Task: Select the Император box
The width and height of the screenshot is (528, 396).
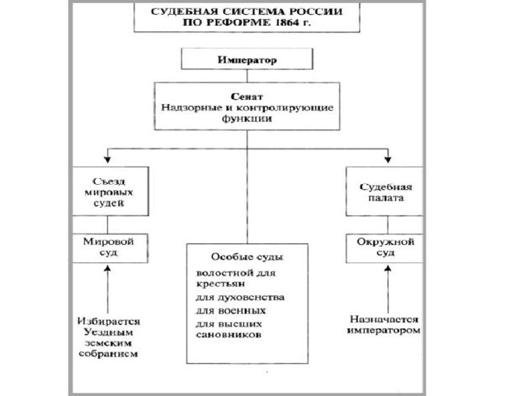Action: (247, 59)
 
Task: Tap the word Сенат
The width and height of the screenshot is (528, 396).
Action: (247, 97)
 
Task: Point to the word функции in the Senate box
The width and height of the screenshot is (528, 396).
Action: (247, 119)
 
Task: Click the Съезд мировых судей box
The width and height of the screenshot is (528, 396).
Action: (111, 191)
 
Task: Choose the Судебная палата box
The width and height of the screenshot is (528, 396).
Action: (384, 191)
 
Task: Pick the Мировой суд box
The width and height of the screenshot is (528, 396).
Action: (111, 248)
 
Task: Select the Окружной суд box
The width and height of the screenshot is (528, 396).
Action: (384, 248)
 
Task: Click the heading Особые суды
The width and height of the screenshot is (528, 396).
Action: (247, 257)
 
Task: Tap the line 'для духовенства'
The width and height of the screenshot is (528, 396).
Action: (240, 298)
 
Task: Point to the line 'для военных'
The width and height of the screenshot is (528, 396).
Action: (231, 310)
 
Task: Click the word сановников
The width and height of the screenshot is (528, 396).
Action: (229, 335)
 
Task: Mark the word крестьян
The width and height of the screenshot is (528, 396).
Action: (220, 284)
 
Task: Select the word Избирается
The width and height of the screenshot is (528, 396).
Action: (109, 321)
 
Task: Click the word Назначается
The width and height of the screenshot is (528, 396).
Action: (384, 319)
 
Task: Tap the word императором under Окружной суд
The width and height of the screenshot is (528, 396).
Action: (384, 330)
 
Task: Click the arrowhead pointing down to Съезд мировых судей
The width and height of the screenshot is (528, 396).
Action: (107, 159)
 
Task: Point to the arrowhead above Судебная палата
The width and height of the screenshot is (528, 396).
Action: (388, 159)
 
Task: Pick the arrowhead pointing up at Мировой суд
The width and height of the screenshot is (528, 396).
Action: (108, 268)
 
